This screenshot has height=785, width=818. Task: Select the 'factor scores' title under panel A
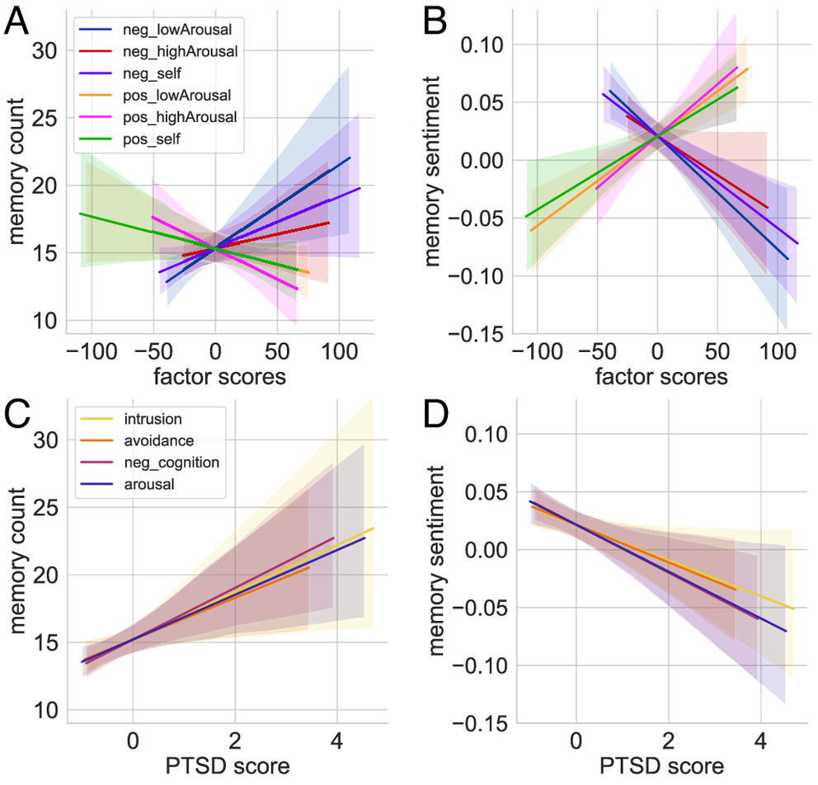tap(216, 378)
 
